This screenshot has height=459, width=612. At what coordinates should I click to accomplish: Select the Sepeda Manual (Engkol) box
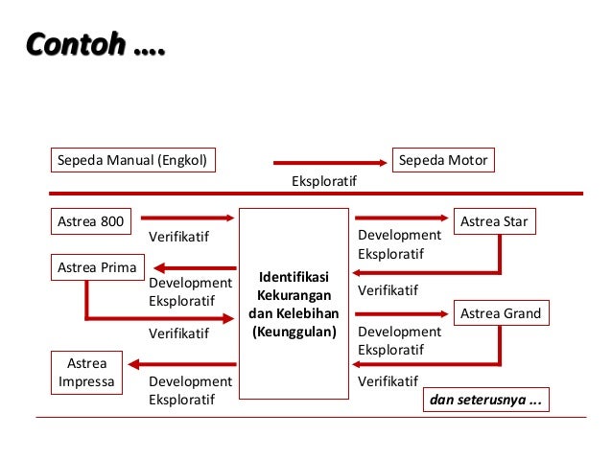pyautogui.click(x=132, y=159)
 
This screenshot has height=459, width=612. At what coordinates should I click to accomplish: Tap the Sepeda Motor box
pyautogui.click(x=444, y=159)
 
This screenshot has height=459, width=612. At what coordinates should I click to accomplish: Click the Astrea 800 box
pyautogui.click(x=91, y=222)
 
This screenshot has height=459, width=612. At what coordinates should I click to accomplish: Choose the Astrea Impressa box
pyautogui.click(x=87, y=373)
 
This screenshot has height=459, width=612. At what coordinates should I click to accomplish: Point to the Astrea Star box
pyautogui.click(x=494, y=222)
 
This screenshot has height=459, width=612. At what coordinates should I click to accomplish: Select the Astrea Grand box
pyautogui.click(x=500, y=313)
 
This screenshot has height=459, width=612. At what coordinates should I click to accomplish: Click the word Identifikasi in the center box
pyautogui.click(x=294, y=277)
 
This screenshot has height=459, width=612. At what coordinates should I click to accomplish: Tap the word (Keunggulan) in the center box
pyautogui.click(x=294, y=333)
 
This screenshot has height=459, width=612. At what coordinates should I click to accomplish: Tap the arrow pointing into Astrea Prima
pyautogui.click(x=190, y=267)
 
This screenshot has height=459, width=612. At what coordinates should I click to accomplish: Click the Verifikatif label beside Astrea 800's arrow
pyautogui.click(x=179, y=236)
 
